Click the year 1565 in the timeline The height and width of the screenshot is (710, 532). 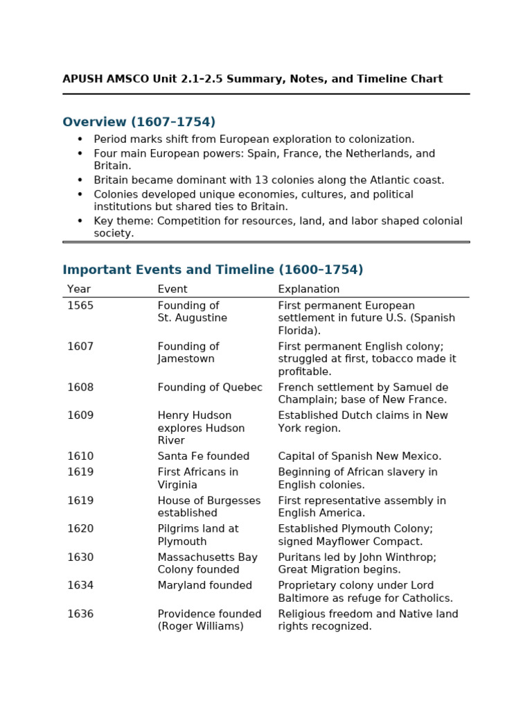click(80, 306)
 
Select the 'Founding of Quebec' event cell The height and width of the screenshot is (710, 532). click(210, 388)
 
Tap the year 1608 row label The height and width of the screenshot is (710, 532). click(80, 388)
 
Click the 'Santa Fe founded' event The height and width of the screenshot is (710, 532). click(203, 456)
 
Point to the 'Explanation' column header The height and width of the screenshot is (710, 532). click(308, 289)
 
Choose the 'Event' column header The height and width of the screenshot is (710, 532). click(172, 289)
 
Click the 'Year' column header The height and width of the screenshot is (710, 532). click(79, 289)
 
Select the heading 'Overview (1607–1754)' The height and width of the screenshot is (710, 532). click(139, 122)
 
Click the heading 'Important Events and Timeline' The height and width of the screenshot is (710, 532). click(213, 270)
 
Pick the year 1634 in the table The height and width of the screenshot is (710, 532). click(80, 586)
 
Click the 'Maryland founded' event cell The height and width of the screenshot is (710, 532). click(204, 586)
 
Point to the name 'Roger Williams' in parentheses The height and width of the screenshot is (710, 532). click(200, 627)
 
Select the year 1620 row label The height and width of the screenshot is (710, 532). click(80, 529)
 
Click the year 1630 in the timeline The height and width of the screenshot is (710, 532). click(80, 557)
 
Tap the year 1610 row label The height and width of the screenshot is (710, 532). click(80, 456)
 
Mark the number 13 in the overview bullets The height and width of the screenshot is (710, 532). click(259, 180)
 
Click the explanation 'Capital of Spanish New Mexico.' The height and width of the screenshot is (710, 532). click(360, 456)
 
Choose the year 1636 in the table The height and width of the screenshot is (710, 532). click(80, 614)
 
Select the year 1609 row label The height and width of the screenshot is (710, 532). click(80, 416)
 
